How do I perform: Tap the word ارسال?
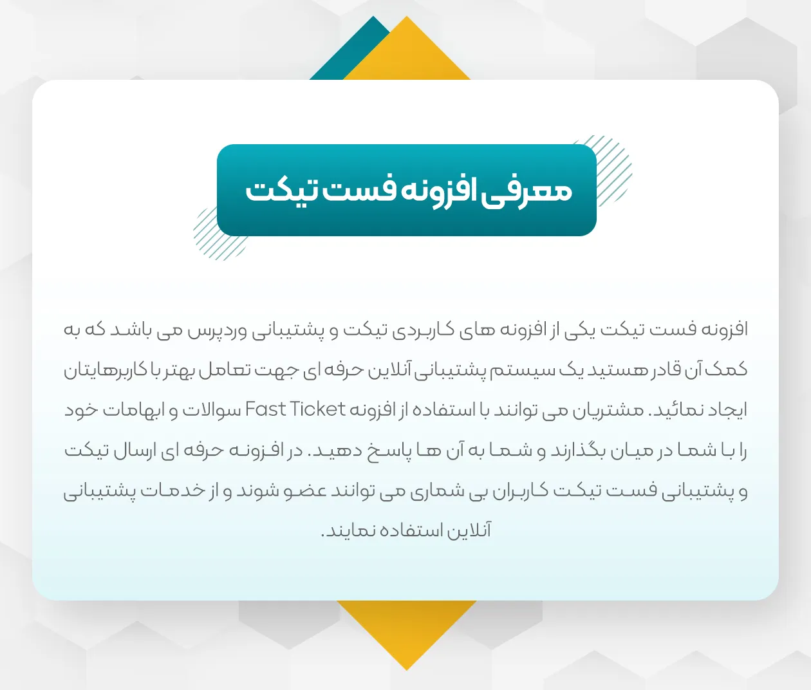[133, 451]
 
